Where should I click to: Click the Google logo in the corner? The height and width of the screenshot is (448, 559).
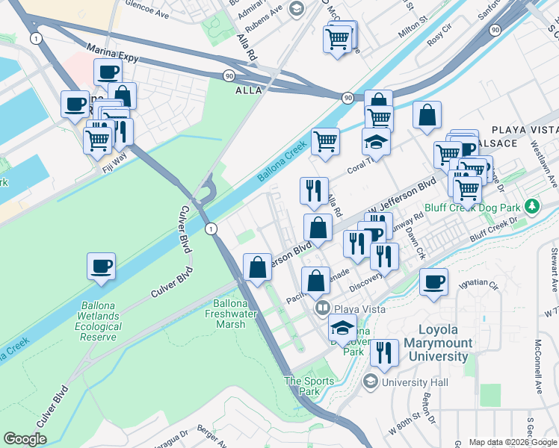pyautogui.click(x=25, y=439)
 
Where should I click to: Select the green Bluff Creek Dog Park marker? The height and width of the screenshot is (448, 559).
pyautogui.click(x=532, y=205)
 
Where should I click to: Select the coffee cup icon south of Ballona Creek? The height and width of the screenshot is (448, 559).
pyautogui.click(x=101, y=267)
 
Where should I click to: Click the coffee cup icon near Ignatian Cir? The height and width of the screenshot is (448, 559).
pyautogui.click(x=433, y=283)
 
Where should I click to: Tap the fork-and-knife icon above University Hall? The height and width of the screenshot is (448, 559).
pyautogui.click(x=384, y=352)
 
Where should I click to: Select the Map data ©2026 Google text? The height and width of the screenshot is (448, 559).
pyautogui.click(x=512, y=442)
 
